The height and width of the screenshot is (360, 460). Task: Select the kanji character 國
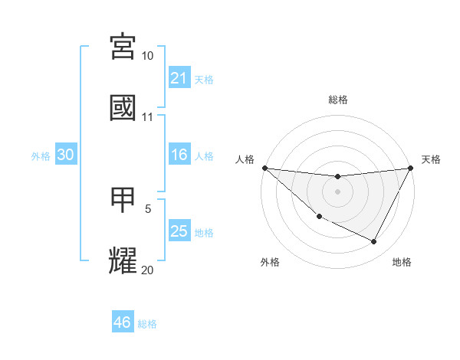pyautogui.click(x=123, y=108)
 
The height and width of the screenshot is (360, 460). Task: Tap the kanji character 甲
pyautogui.click(x=123, y=201)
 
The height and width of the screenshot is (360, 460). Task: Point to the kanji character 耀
pyautogui.click(x=123, y=261)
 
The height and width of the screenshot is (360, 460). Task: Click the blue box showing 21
pyautogui.click(x=179, y=78)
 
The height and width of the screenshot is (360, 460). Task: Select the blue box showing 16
pyautogui.click(x=179, y=155)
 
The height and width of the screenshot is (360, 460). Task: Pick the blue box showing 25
pyautogui.click(x=179, y=232)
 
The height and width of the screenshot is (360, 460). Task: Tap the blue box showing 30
pyautogui.click(x=66, y=155)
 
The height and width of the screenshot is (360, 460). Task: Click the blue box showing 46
pyautogui.click(x=123, y=323)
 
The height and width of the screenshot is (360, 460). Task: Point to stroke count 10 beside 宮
pyautogui.click(x=148, y=56)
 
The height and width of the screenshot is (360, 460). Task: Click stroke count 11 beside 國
pyautogui.click(x=148, y=117)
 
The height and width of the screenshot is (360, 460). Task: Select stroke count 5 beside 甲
pyautogui.click(x=148, y=208)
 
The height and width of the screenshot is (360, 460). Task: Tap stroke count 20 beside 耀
pyautogui.click(x=148, y=270)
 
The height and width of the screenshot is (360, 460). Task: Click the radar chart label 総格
pyautogui.click(x=338, y=100)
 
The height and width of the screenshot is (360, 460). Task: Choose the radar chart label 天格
pyautogui.click(x=431, y=159)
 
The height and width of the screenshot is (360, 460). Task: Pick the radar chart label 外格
pyautogui.click(x=270, y=262)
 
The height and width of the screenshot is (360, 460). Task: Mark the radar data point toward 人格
pyautogui.click(x=264, y=168)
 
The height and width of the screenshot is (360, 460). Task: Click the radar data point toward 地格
pyautogui.click(x=374, y=242)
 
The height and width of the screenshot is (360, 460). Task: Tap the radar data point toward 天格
pyautogui.click(x=411, y=168)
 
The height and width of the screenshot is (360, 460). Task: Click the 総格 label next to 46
pyautogui.click(x=147, y=324)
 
